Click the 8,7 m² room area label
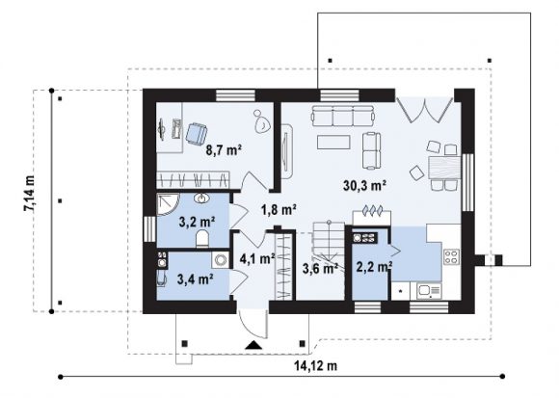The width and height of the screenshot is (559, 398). [224, 150]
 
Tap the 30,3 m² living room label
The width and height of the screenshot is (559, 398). [365, 185]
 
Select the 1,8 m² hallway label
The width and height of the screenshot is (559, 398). [279, 210]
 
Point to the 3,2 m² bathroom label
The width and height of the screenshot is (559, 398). [197, 223]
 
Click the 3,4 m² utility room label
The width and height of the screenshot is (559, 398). [196, 279]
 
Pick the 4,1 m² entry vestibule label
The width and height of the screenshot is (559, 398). [257, 258]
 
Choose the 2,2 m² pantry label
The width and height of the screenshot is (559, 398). [374, 266]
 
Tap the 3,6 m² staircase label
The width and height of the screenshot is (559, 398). [320, 268]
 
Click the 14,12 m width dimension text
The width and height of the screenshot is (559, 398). [316, 365]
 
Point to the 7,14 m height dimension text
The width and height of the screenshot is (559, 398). [30, 194]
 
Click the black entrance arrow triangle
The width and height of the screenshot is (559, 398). [253, 345]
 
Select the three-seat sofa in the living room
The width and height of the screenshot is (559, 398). [343, 116]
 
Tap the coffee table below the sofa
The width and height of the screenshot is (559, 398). [333, 142]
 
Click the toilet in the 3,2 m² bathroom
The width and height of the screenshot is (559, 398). [202, 239]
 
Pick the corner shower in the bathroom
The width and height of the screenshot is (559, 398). [166, 205]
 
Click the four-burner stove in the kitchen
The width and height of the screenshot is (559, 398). [452, 257]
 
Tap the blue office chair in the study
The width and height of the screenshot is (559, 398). [196, 134]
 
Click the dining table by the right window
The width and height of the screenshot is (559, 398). [445, 168]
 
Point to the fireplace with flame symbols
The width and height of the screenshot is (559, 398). [372, 217]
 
